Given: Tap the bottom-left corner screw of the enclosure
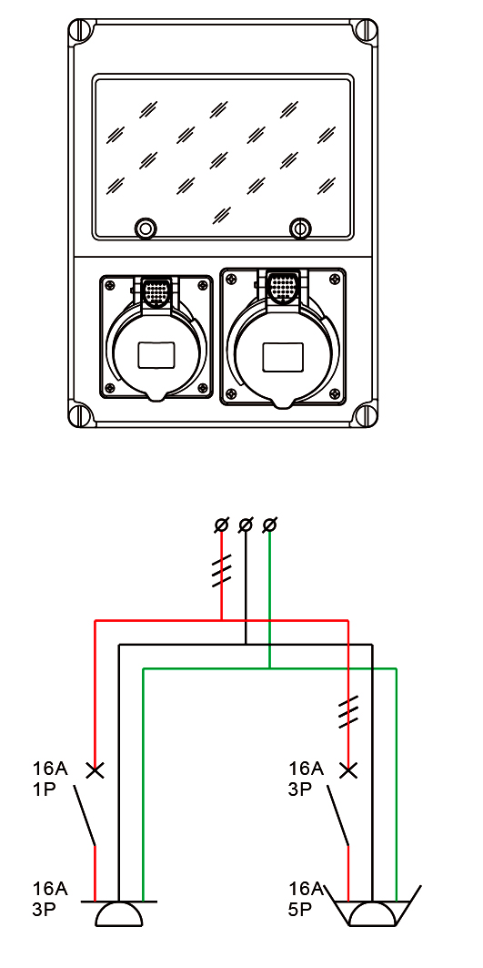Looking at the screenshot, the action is (x=82, y=413).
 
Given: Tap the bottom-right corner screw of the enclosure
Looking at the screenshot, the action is (x=364, y=413).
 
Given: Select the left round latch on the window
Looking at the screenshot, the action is (x=146, y=229).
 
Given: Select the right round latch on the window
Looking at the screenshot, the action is (x=300, y=229).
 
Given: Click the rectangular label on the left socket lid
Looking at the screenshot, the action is (x=156, y=356).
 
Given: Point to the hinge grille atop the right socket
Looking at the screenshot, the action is (x=283, y=287).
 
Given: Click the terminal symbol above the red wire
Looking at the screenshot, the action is (x=221, y=525).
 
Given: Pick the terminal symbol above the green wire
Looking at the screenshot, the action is (x=269, y=525).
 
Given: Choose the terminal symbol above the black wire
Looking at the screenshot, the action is (x=246, y=525).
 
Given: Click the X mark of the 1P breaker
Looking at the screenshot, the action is (x=95, y=769).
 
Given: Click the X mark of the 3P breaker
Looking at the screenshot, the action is (x=348, y=769).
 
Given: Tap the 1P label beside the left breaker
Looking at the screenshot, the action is (x=45, y=790).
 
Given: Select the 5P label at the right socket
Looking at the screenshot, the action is (x=300, y=910).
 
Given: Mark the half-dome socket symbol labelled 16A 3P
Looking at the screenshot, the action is (x=119, y=913).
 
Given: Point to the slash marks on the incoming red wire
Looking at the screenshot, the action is (x=221, y=571).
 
